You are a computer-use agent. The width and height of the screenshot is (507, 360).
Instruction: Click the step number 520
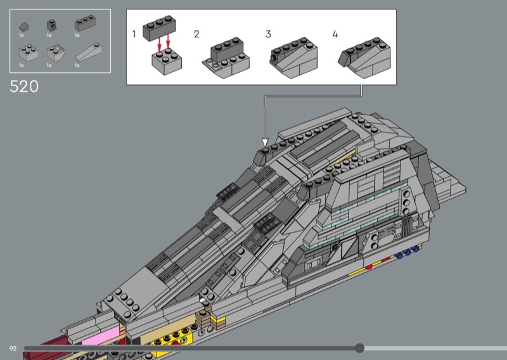coord(24,87)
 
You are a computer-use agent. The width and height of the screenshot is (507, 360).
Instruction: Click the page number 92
coord(13,348)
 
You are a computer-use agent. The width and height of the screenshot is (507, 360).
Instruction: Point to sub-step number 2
coord(196,34)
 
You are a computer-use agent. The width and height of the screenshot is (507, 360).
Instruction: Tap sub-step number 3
coord(268,34)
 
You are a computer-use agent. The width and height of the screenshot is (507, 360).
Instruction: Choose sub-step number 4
coord(335,34)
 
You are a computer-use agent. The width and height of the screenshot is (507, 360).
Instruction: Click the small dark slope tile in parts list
coord(23,26)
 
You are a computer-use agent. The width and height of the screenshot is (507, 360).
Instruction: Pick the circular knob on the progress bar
coord(360,348)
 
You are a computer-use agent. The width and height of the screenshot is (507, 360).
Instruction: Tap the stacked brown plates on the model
coord(205,315)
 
